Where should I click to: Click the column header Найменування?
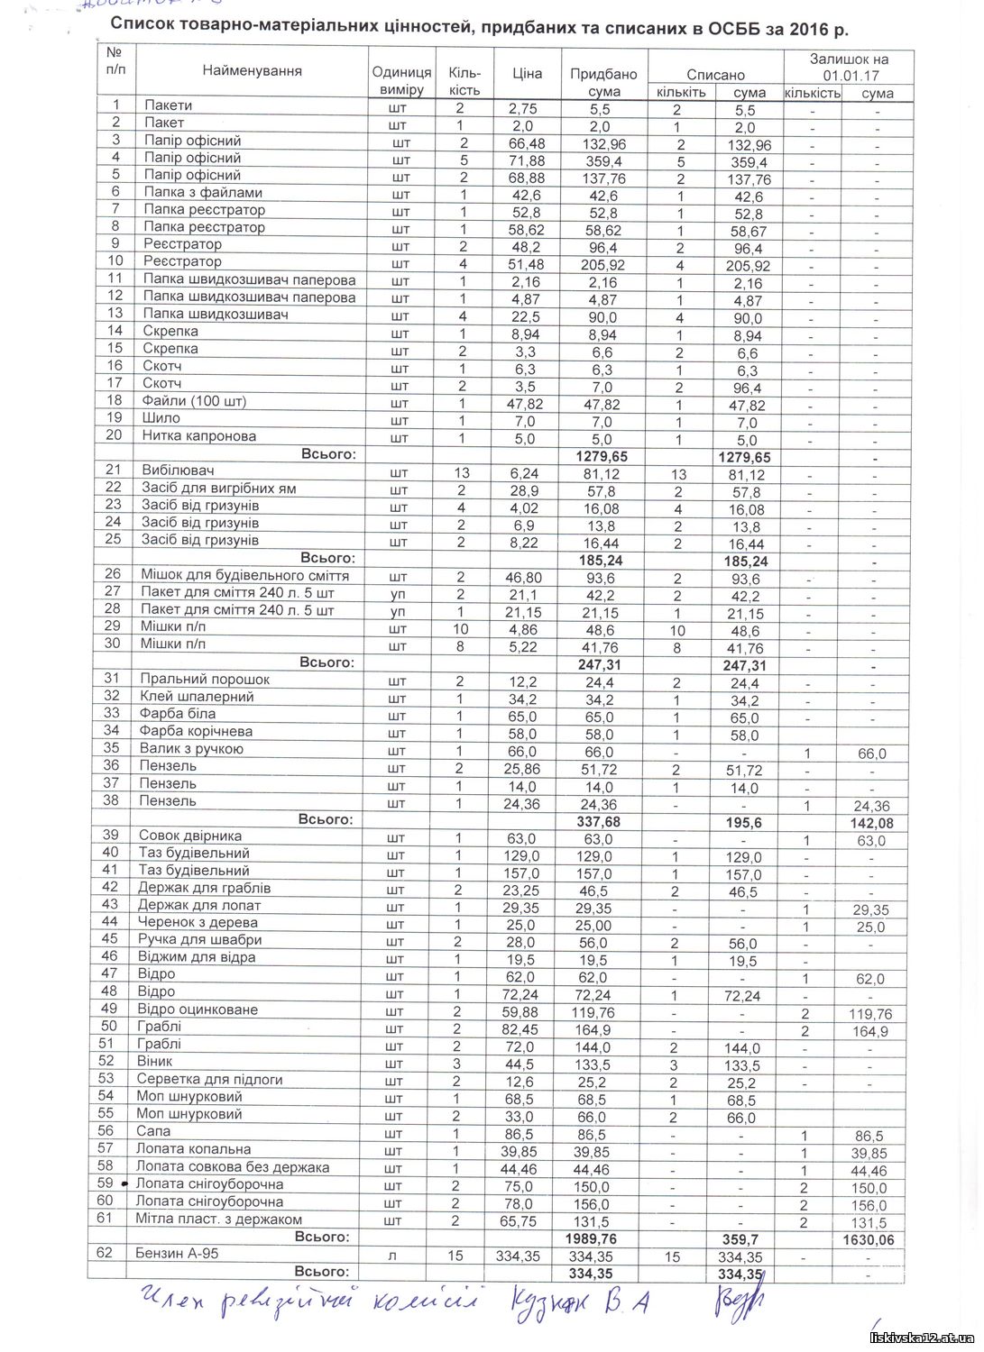pyautogui.click(x=252, y=70)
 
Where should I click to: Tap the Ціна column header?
pyautogui.click(x=527, y=73)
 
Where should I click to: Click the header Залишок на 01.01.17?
pyautogui.click(x=850, y=68)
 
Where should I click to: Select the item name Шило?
pyautogui.click(x=161, y=418)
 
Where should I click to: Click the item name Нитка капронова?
pyautogui.click(x=199, y=435)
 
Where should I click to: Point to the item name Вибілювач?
pyautogui.click(x=178, y=470)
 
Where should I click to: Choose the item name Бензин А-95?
pyautogui.click(x=177, y=1253)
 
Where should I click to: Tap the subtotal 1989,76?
pyautogui.click(x=601, y=1239)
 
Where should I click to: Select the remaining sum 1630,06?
pyautogui.click(x=869, y=1240)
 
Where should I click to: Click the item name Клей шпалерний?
pyautogui.click(x=197, y=697)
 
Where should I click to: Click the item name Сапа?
pyautogui.click(x=153, y=1131)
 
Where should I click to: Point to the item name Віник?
pyautogui.click(x=154, y=1062)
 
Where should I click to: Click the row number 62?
pyautogui.click(x=106, y=1253)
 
